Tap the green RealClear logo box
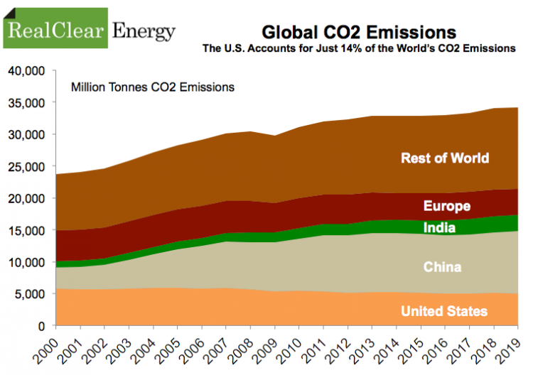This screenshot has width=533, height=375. point(55,28)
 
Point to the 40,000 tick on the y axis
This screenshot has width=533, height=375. point(26,71)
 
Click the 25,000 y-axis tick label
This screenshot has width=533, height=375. point(26,166)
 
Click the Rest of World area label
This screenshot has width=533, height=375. point(445,158)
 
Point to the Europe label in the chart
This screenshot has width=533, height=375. point(446,207)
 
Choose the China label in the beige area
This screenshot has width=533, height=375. point(442,267)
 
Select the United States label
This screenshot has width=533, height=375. point(444,311)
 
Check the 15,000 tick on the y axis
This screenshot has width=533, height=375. point(26,230)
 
